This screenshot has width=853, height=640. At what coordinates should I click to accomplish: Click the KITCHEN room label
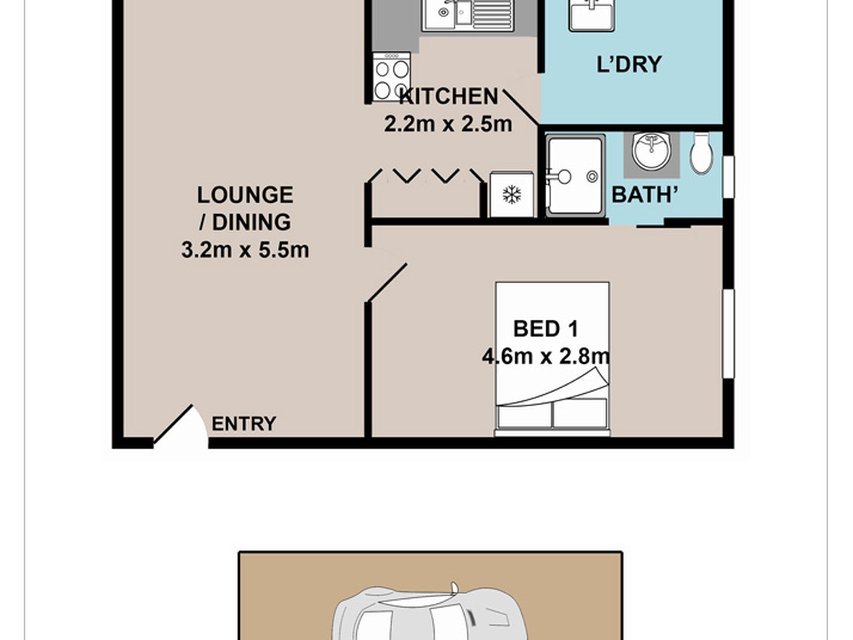coord(448,97)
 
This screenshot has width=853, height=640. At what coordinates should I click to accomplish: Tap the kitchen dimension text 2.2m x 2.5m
coord(448,124)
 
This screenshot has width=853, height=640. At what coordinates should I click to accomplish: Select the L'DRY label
coord(629,64)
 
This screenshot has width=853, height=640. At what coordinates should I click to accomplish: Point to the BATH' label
coord(645,194)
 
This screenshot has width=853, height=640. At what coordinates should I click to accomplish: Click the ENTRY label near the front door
coord(244,424)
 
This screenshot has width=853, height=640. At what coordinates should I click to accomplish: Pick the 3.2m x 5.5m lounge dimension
coord(245,250)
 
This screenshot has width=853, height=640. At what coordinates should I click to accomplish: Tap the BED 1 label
coord(545,329)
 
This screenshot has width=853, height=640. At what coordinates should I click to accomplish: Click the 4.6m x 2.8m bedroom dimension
coord(546,356)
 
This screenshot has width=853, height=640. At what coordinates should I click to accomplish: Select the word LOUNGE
coord(245,195)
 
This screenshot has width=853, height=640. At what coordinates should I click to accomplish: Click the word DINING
coord(251,222)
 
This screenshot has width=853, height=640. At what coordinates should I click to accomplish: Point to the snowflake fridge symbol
coord(512,194)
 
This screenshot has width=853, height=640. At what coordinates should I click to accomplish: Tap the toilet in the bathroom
coord(701,153)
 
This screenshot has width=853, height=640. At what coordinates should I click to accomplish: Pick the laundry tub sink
coord(592,16)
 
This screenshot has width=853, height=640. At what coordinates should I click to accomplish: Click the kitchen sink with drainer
coord(467,16)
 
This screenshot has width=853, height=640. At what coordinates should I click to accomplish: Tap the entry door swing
coord(180,426)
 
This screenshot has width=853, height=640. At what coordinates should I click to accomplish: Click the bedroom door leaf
coord(387,282)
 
